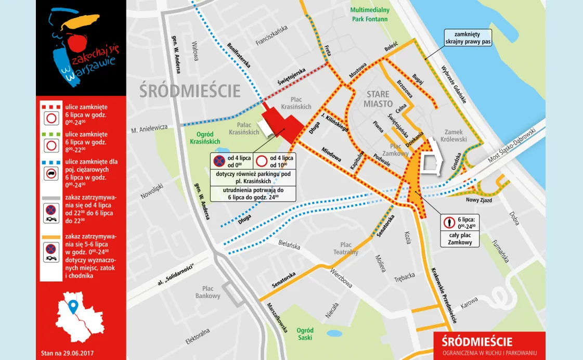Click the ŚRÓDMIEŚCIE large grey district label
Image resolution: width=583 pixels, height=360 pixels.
[x=190, y=91]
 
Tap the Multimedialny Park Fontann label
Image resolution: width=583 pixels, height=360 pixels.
[x=370, y=15]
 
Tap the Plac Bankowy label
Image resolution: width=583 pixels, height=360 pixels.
[x=208, y=292]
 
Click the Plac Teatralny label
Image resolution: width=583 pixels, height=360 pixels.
[x=346, y=248]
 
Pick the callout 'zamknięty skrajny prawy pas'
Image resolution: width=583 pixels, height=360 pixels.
[x=467, y=38]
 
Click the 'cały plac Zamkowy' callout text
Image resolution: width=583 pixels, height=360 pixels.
[x=460, y=239]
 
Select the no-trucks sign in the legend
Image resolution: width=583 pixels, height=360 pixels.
[x=51, y=174]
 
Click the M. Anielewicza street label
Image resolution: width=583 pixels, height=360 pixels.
[x=149, y=127]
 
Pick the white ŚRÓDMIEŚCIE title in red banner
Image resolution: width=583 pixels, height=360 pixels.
[x=477, y=342]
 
